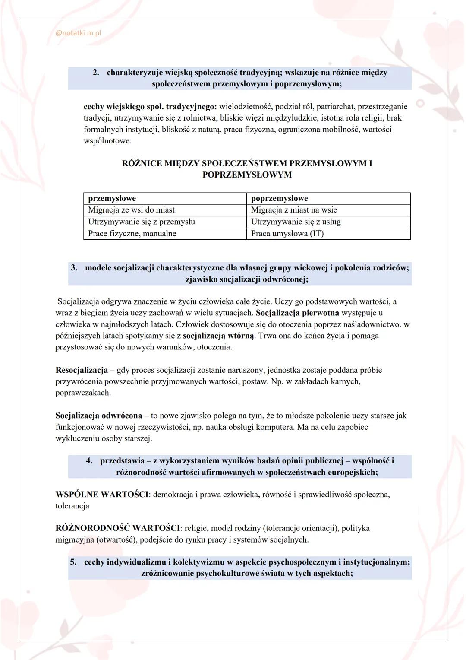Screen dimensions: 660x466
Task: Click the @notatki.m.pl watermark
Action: (x=78, y=33)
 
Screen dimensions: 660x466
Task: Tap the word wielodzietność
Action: (x=245, y=106)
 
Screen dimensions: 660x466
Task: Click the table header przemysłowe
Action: (x=112, y=198)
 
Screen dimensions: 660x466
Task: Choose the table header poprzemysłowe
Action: (x=279, y=198)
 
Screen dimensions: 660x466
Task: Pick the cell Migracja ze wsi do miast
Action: (x=131, y=210)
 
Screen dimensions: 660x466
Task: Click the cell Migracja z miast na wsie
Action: (x=294, y=210)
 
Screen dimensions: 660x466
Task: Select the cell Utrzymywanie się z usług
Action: (x=296, y=222)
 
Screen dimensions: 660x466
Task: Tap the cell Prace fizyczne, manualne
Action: (x=132, y=234)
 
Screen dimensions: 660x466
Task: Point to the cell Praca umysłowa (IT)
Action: (x=287, y=234)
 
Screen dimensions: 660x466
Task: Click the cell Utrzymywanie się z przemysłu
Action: (x=141, y=222)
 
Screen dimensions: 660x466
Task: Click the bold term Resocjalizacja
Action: (x=82, y=370)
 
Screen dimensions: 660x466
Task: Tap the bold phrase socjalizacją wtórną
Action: (x=219, y=336)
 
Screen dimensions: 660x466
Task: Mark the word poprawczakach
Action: (x=83, y=393)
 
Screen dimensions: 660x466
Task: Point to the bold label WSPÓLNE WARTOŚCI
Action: (x=102, y=495)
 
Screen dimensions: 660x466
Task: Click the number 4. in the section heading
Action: (x=89, y=461)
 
